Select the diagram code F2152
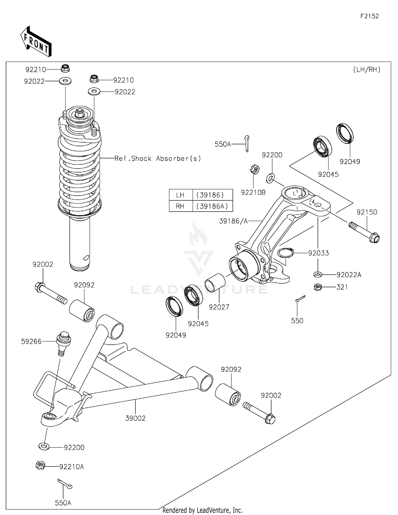click(369, 16)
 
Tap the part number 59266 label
click(31, 341)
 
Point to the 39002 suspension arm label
click(135, 418)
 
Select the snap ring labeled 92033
click(285, 253)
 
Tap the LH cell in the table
click(180, 195)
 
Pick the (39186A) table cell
click(212, 206)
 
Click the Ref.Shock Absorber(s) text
click(158, 159)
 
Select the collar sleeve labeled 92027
click(215, 283)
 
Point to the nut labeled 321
click(318, 287)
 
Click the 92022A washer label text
click(349, 275)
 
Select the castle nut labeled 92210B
click(255, 169)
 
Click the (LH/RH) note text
click(367, 70)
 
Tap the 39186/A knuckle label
click(233, 221)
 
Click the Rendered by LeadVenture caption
click(202, 510)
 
